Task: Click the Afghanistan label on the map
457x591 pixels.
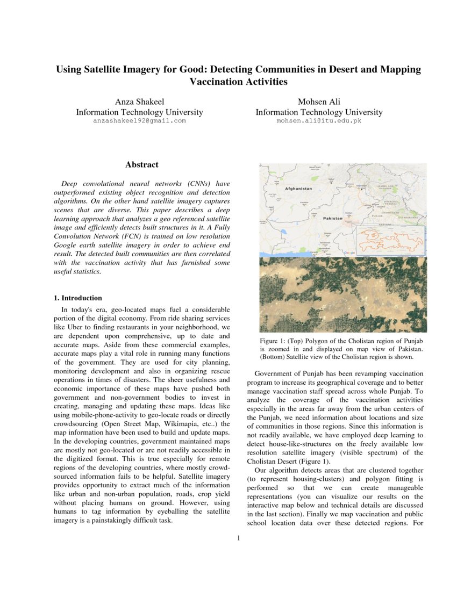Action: pos(298,189)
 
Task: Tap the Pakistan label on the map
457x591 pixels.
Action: pos(332,219)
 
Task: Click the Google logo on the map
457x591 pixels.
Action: pos(349,253)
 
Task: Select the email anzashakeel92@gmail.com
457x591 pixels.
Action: pos(139,121)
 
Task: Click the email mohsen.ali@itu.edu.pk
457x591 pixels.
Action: pos(319,121)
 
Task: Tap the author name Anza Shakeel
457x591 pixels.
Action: pos(139,102)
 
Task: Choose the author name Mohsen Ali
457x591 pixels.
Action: pos(319,102)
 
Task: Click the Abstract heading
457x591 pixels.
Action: pos(141,165)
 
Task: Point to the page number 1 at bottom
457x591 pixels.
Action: pos(238,538)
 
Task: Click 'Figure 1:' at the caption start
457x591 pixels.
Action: pos(274,341)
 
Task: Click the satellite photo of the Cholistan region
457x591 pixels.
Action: pos(342,294)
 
